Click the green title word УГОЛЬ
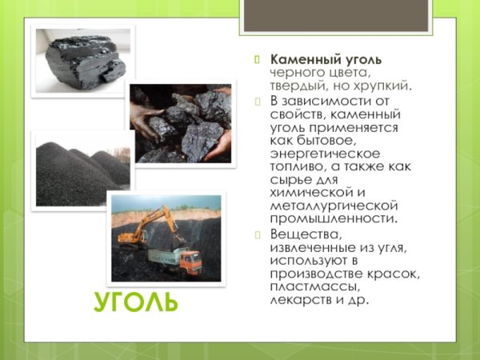click(135, 302)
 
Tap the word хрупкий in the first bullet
click(383, 85)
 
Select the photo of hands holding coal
click(180, 124)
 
